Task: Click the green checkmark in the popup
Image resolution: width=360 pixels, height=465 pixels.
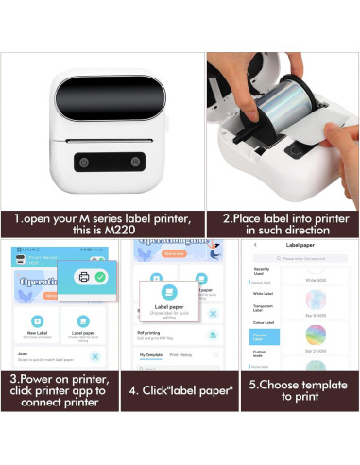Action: [x=100, y=276]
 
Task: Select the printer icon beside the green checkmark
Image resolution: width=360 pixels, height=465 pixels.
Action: [x=83, y=276]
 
